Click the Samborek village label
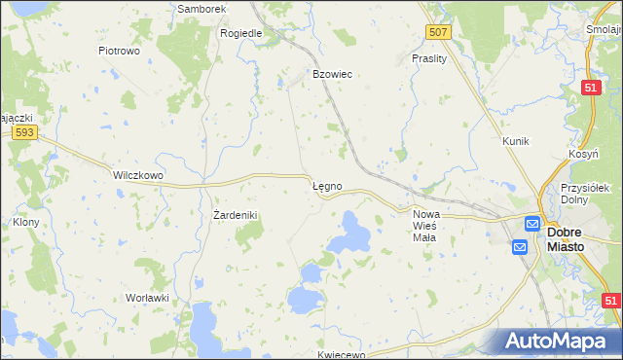point(202,9)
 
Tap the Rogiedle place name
point(241,32)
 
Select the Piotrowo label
point(121,50)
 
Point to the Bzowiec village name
point(331,74)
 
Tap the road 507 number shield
point(439,32)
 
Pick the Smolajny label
point(605,29)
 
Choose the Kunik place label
point(515,141)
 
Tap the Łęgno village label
point(326,184)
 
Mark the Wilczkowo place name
point(138,175)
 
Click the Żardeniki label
point(234,214)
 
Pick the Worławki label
point(147,298)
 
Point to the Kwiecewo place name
point(341,354)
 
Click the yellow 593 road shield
point(26,132)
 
